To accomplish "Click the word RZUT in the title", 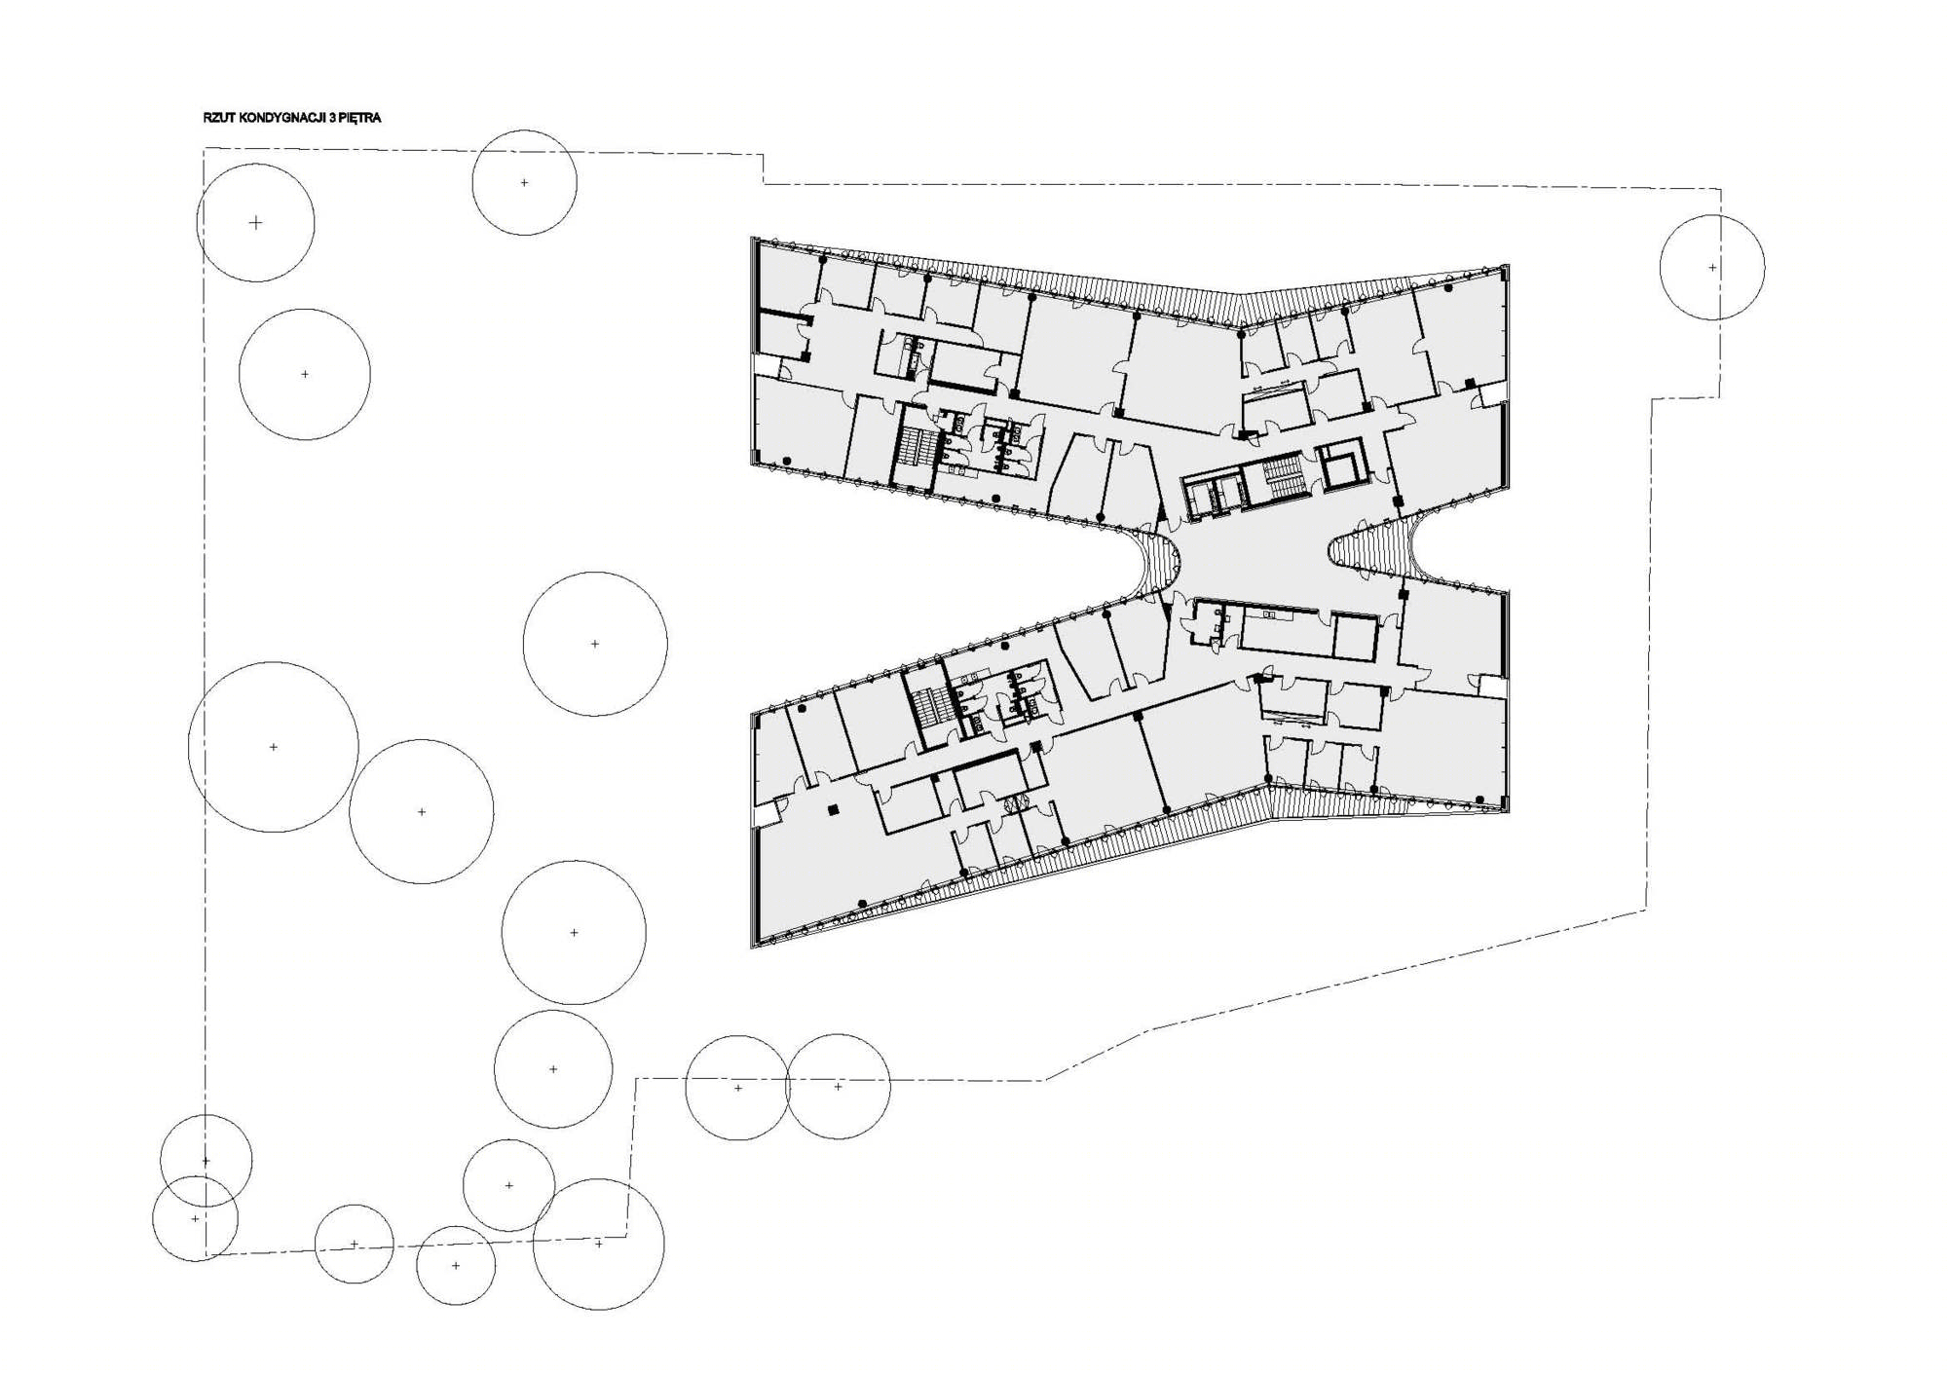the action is point(219,118).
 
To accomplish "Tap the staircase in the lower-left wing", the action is point(927,706).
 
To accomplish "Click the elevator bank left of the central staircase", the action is point(1214,494).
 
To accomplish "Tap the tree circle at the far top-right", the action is point(1712,267).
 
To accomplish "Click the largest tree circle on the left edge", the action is point(274,747).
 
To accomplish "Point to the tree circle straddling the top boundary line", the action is point(524,182).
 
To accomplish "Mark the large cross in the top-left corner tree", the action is point(255,223).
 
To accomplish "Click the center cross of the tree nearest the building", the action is point(595,644).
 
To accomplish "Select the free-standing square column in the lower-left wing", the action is point(833,809).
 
